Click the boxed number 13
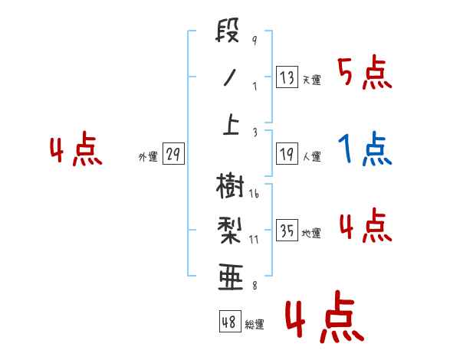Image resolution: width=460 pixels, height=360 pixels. pos(286,77)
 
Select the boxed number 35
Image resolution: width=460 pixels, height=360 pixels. pos(286,231)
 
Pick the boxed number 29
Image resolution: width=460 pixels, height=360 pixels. pos(172,155)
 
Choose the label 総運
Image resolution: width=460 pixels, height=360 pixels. pos(255,324)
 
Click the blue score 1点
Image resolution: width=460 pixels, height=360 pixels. pos(365,149)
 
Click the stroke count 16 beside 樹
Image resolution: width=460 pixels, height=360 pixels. pos(254,195)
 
